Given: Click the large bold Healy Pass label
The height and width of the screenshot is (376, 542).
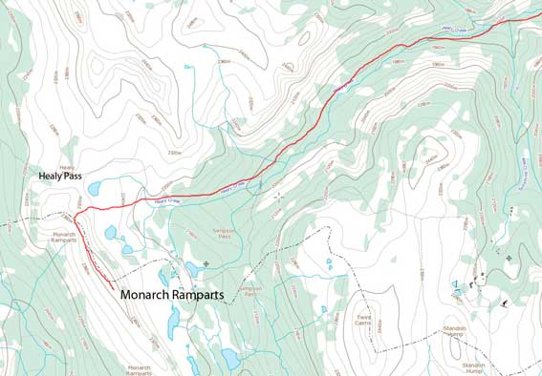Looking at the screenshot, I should coord(63,177).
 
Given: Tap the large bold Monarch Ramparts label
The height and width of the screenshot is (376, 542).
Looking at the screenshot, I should coord(172,296).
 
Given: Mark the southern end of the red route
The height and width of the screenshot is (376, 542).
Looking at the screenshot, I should coord(115,286).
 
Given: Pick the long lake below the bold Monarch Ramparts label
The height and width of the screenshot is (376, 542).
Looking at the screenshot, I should coord(173,324).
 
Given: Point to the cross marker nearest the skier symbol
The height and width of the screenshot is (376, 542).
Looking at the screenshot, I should coord(509,258).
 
